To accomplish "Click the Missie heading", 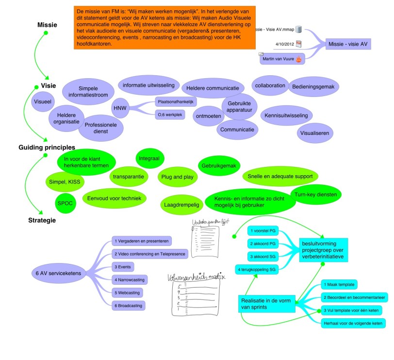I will pos(47,25).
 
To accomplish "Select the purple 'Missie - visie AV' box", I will pos(347,44).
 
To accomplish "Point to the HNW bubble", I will pos(119,108).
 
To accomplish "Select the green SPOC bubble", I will pos(65,203).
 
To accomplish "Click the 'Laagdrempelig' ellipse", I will pos(180,205).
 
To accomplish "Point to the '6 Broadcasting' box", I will pos(129,306).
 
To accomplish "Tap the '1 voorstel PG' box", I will pos(262,230).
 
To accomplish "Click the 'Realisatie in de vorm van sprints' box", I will pos(265,304).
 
